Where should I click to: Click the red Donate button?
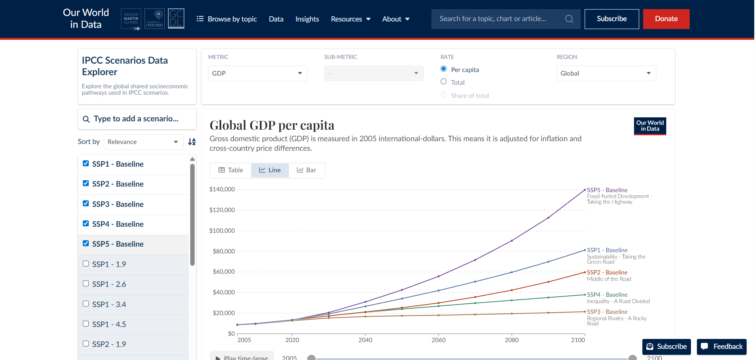click(666, 19)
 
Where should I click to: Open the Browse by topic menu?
click(227, 19)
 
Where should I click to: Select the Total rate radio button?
click(443, 82)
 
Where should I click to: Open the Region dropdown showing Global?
click(606, 73)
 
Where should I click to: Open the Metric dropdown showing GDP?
click(258, 73)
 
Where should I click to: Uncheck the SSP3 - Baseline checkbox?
click(86, 203)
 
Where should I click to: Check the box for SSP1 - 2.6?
click(86, 284)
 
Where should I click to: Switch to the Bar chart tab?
click(306, 170)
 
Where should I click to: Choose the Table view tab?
click(231, 170)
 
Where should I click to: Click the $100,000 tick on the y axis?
click(222, 230)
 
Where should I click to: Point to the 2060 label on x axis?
click(438, 340)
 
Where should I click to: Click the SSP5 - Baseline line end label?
click(607, 190)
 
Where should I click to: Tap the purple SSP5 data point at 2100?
click(585, 190)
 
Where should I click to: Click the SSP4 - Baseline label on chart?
click(607, 295)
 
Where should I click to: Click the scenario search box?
click(137, 119)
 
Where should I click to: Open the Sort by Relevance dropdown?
click(143, 142)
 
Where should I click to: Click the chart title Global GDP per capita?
click(272, 125)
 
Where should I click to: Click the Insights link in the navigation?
click(307, 19)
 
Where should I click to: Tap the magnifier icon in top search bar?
click(569, 19)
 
